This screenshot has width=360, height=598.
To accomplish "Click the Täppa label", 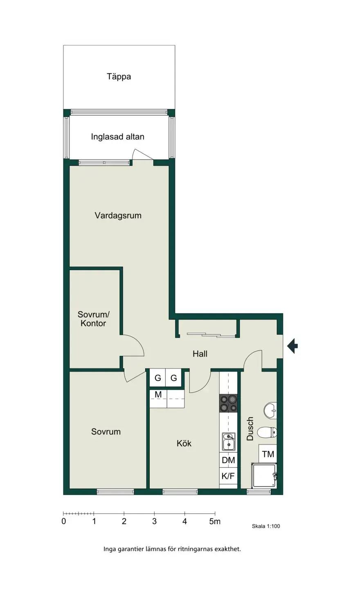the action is [x=119, y=77].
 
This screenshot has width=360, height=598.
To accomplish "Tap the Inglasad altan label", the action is [x=117, y=137].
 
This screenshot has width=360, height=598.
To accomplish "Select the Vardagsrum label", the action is [x=118, y=215].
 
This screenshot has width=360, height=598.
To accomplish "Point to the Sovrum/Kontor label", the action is [x=93, y=319].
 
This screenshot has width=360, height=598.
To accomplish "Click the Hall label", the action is [x=200, y=354].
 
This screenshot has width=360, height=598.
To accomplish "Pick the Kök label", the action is [x=184, y=443].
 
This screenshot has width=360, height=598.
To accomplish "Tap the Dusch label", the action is [x=250, y=429].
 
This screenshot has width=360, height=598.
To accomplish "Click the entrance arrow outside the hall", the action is [x=292, y=346].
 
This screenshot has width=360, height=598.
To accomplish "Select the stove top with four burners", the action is [x=228, y=403].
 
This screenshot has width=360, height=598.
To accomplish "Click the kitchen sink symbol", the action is [x=228, y=441].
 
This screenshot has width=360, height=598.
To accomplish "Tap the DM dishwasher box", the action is [x=228, y=460].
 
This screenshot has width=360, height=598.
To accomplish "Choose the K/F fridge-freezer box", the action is [x=228, y=476].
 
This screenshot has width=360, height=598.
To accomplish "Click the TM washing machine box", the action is [x=268, y=454].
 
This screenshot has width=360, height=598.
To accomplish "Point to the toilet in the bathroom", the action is [x=267, y=432].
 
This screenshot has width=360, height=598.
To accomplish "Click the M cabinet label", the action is [x=158, y=395].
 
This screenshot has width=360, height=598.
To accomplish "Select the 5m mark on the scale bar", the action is [x=215, y=521].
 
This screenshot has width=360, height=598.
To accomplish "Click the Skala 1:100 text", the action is [x=266, y=526].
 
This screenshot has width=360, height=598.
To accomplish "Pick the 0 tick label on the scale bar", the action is [x=63, y=521].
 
